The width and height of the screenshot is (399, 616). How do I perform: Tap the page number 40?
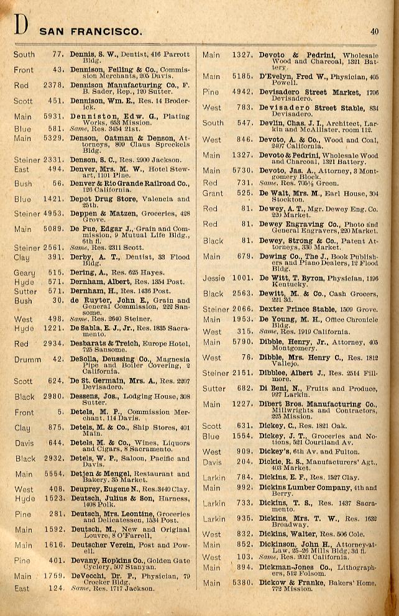click(374, 31)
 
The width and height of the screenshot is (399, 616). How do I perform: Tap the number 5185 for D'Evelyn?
click(241, 76)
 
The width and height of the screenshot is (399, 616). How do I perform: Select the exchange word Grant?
click(213, 193)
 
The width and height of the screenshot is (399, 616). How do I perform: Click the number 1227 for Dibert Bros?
click(241, 404)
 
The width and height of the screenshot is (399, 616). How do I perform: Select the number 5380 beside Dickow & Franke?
click(241, 583)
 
